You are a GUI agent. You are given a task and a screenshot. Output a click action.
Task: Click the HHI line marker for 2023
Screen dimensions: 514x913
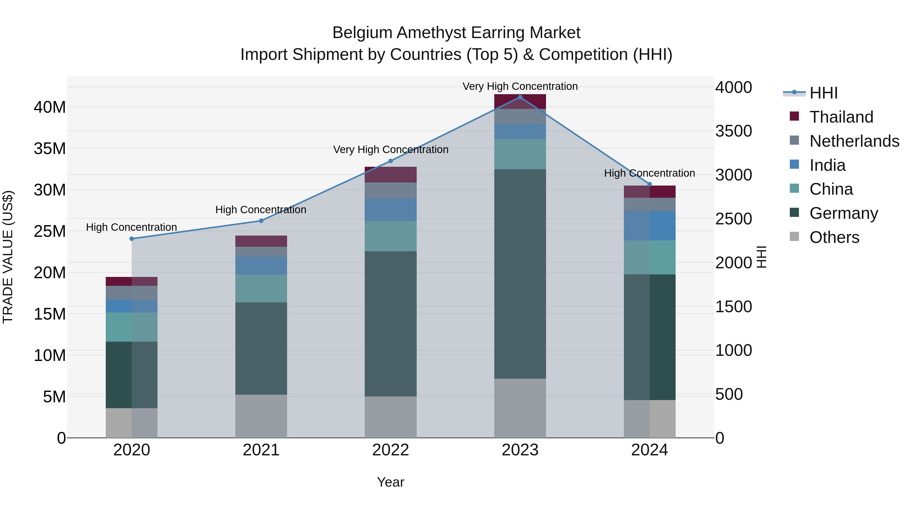(x=520, y=97)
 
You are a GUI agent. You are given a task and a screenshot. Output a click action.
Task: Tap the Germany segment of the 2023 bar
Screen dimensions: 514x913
(x=520, y=273)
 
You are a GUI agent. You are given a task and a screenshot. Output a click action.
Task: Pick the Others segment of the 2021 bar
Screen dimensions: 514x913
(x=261, y=416)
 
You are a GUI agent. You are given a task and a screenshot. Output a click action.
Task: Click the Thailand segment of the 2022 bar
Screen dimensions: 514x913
(x=391, y=175)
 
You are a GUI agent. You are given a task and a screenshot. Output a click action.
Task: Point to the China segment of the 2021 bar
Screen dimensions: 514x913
(x=261, y=288)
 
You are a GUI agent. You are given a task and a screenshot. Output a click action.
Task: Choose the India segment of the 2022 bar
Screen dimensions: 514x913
(x=391, y=210)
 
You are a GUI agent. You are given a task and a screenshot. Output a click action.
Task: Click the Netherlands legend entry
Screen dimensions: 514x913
(x=854, y=141)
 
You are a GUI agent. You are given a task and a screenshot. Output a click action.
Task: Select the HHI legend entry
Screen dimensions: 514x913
(x=823, y=93)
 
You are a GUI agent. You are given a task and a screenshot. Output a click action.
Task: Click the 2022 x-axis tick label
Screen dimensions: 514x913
(x=391, y=450)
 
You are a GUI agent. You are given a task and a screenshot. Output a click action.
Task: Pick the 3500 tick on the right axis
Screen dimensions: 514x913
(x=733, y=131)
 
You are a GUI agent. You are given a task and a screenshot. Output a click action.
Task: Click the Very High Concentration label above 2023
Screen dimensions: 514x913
(x=520, y=86)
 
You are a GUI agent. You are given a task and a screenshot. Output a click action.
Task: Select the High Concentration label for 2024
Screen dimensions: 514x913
(x=649, y=173)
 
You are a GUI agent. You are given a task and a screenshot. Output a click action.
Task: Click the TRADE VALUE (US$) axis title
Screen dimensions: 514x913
(x=8, y=257)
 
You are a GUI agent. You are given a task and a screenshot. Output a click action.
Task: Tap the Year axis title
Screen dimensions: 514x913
(x=391, y=482)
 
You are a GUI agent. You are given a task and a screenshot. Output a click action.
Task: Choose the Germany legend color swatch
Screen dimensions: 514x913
(x=794, y=213)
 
